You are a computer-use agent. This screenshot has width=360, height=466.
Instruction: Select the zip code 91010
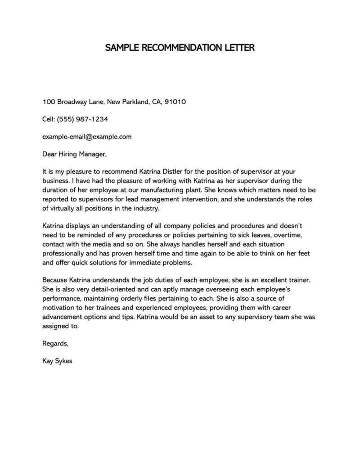click(x=175, y=102)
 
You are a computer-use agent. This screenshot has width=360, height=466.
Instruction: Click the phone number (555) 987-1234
click(x=83, y=119)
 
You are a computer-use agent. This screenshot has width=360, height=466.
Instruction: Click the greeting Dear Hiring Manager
click(x=75, y=154)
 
